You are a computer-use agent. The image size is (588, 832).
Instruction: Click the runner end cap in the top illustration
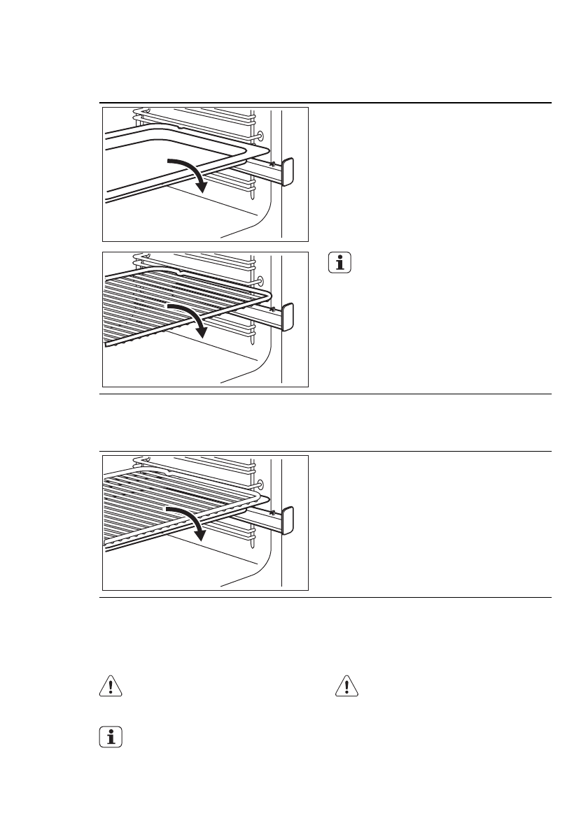(x=287, y=172)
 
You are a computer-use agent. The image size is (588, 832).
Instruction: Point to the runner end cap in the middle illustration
(x=287, y=317)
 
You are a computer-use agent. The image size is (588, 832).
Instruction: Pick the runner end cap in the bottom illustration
(x=287, y=520)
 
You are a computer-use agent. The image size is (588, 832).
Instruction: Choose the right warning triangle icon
(x=346, y=687)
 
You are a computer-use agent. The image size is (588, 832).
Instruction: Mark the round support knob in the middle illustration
(x=260, y=281)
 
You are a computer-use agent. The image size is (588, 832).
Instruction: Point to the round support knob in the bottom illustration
(x=260, y=485)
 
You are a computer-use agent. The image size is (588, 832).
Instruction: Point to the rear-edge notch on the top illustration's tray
(x=181, y=129)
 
